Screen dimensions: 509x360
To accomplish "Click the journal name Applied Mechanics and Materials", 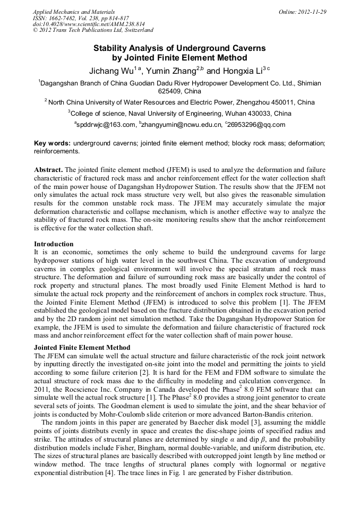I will pos(74,11).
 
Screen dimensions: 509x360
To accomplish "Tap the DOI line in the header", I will pos(89,24).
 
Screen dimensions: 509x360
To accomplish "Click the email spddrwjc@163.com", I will pos(106,125).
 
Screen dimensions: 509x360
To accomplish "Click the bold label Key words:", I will pos(53,143).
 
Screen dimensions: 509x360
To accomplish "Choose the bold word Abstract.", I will pos(48,170).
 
